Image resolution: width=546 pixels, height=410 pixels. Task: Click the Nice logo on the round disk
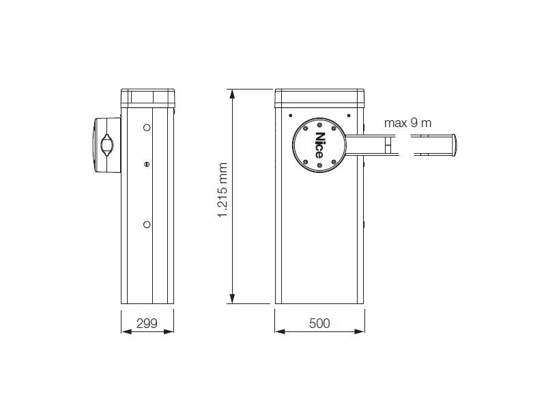319,145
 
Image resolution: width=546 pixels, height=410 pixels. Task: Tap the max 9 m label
407,123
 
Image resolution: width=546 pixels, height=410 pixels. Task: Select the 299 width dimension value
147,323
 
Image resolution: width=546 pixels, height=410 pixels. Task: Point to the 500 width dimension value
319,323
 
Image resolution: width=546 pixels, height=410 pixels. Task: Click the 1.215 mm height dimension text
222,191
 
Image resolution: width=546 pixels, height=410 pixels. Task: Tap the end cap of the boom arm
453,145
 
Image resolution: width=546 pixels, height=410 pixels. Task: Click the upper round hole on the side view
147,128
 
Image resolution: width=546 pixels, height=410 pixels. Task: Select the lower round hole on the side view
147,225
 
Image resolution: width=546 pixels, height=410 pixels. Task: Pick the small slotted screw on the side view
147,164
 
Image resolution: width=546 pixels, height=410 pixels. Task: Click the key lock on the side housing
106,145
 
